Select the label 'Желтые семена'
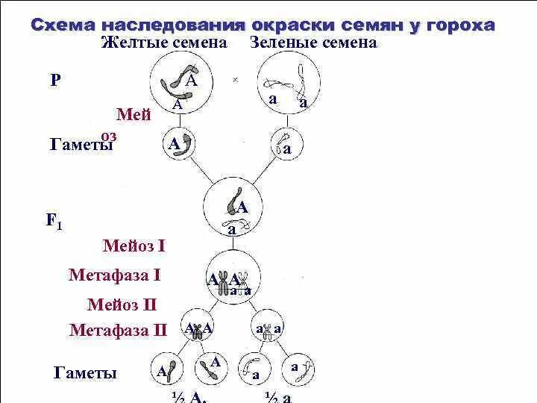point(164,43)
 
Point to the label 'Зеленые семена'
point(314,43)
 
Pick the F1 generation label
point(54,221)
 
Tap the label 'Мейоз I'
point(134,246)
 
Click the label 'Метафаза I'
point(114,275)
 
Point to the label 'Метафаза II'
point(119,331)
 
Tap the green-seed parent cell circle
point(289,85)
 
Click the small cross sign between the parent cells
point(235,79)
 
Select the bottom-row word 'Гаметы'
point(86,372)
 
